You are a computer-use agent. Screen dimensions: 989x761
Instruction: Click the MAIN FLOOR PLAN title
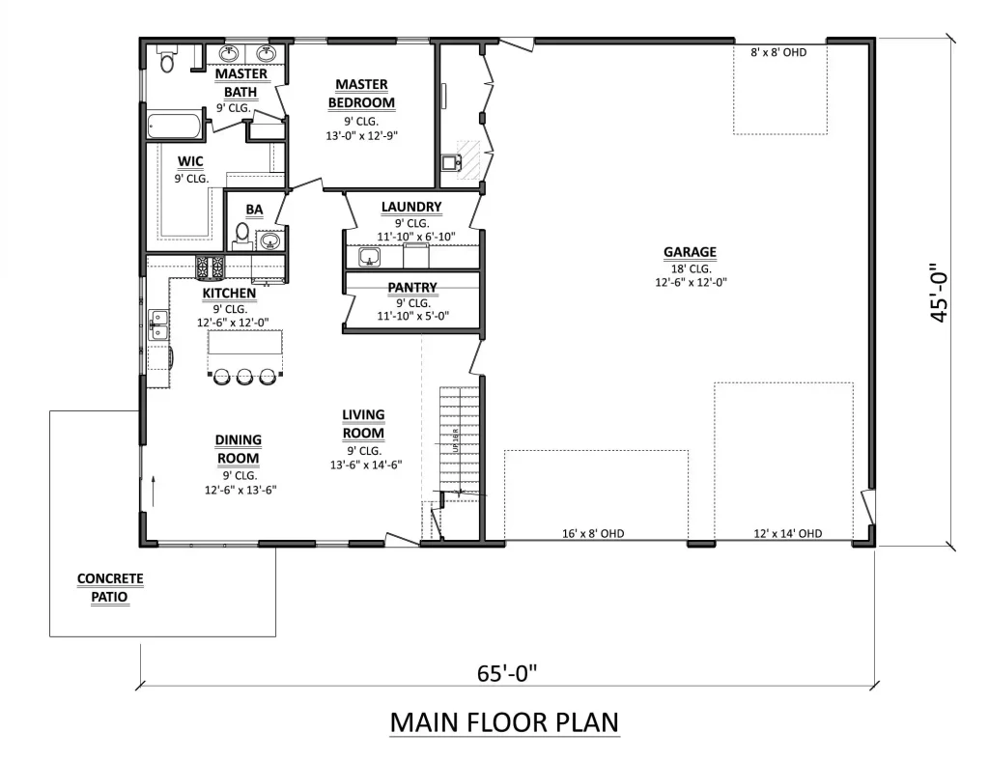click(504, 722)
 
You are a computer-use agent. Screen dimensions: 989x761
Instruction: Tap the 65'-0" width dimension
click(506, 673)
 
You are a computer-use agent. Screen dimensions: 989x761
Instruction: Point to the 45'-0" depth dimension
click(939, 293)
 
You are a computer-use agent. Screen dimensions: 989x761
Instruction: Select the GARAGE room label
click(690, 252)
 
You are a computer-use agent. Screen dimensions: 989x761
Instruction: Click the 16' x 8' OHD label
click(593, 534)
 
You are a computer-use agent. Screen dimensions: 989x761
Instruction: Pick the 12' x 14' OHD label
click(788, 534)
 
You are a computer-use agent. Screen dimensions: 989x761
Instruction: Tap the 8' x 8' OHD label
click(778, 52)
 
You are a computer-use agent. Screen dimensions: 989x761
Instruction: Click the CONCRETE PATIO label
click(110, 587)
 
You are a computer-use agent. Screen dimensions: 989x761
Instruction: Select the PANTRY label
click(412, 288)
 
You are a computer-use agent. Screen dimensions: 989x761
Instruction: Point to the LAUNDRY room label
click(411, 207)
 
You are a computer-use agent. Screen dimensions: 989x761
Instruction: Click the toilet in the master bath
click(167, 59)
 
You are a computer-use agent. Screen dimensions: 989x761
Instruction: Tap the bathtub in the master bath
click(174, 127)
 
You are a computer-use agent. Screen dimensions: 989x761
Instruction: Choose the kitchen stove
click(210, 268)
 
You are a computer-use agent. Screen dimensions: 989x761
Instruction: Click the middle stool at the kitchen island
click(244, 377)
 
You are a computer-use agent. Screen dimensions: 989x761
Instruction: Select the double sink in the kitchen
click(159, 324)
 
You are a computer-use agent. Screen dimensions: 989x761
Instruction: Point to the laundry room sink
click(369, 257)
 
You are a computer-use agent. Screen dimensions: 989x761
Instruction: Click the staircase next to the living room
click(460, 440)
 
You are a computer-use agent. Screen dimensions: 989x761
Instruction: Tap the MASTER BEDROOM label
click(361, 94)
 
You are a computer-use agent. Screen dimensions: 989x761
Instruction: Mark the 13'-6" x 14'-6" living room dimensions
click(366, 465)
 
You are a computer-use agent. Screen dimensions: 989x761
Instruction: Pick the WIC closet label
click(190, 161)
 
